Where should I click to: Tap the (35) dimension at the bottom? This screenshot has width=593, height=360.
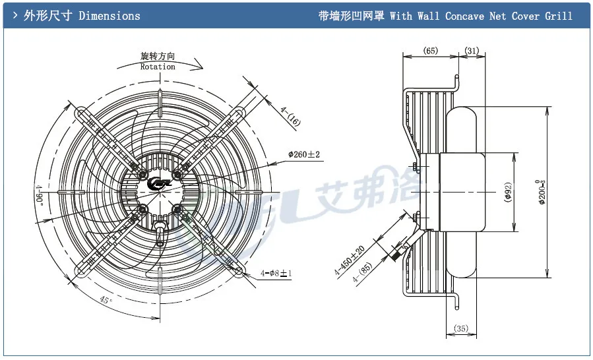pyautogui.click(x=461, y=328)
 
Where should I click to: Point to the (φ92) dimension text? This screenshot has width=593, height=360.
pyautogui.click(x=508, y=192)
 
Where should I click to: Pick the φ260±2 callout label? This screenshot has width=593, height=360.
pyautogui.click(x=303, y=155)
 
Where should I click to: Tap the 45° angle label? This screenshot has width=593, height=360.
pyautogui.click(x=106, y=301)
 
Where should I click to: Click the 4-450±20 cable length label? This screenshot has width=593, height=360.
pyautogui.click(x=349, y=260)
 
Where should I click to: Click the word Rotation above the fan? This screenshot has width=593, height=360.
pyautogui.click(x=158, y=67)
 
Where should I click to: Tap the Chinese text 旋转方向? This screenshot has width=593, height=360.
pyautogui.click(x=158, y=57)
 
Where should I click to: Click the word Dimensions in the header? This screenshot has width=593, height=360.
pyautogui.click(x=109, y=16)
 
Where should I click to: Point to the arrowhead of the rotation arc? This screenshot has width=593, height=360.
pyautogui.click(x=201, y=66)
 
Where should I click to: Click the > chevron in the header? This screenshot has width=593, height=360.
pyautogui.click(x=15, y=15)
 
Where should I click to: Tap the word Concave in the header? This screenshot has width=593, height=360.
pyautogui.click(x=466, y=16)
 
